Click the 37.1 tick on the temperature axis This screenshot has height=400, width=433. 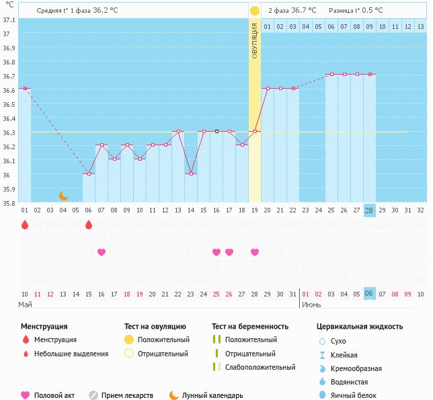pyautogui.click(x=9, y=20)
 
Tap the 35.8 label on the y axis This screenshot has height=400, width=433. pyautogui.click(x=9, y=202)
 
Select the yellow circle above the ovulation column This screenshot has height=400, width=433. pyautogui.click(x=255, y=11)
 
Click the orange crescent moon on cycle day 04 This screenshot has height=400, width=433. pyautogui.click(x=64, y=196)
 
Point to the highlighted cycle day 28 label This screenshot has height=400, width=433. pyautogui.click(x=369, y=210)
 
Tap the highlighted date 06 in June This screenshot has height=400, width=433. pyautogui.click(x=369, y=294)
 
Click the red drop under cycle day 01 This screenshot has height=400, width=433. pyautogui.click(x=25, y=225)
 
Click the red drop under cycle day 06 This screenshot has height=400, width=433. pyautogui.click(x=89, y=225)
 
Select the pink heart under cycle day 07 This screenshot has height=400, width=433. pyautogui.click(x=102, y=252)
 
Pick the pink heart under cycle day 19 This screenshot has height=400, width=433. pyautogui.click(x=255, y=252)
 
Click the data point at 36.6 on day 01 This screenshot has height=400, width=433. pyautogui.click(x=25, y=89)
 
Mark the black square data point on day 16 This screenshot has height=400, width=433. pyautogui.click(x=216, y=132)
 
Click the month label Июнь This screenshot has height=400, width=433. pyautogui.click(x=311, y=305)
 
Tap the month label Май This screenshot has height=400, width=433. pyautogui.click(x=25, y=305)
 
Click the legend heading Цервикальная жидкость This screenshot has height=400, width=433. pyautogui.click(x=360, y=327)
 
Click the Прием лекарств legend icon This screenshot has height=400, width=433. pyautogui.click(x=93, y=395)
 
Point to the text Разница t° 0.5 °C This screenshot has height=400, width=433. pyautogui.click(x=356, y=11)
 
